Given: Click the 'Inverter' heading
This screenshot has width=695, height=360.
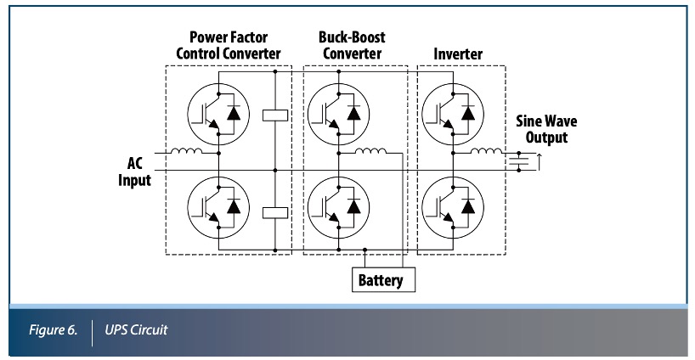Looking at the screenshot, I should coord(458,53).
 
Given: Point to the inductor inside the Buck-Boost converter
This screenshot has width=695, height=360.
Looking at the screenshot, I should coord(370,153).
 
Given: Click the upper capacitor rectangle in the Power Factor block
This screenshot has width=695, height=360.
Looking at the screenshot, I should coord(276,115).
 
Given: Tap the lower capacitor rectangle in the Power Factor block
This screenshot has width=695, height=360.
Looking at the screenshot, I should coord(276,212).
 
